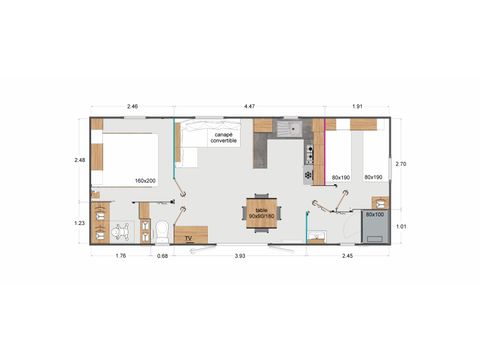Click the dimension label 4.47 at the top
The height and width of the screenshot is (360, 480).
click(247, 105)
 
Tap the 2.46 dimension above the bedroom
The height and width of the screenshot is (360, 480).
click(131, 105)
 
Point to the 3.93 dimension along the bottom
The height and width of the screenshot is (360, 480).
click(240, 256)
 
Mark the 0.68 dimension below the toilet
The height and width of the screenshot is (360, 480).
click(162, 256)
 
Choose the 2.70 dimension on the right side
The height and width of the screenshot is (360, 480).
click(400, 164)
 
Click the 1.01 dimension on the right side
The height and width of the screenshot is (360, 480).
click(400, 226)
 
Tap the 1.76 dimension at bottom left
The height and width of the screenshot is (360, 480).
click(120, 256)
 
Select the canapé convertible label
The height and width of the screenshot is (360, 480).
click(224, 136)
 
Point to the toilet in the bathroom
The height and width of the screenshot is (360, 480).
click(160, 232)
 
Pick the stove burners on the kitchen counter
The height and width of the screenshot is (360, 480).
click(309, 154)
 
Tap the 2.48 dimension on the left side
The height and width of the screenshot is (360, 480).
click(80, 159)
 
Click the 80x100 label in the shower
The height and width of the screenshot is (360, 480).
click(374, 214)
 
